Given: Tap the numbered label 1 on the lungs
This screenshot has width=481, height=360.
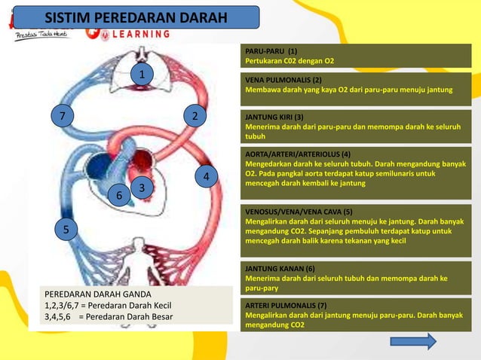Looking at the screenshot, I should [140, 73].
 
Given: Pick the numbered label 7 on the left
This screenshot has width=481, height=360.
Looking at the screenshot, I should [63, 116].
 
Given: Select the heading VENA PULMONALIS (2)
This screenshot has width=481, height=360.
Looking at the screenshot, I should [283, 79].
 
